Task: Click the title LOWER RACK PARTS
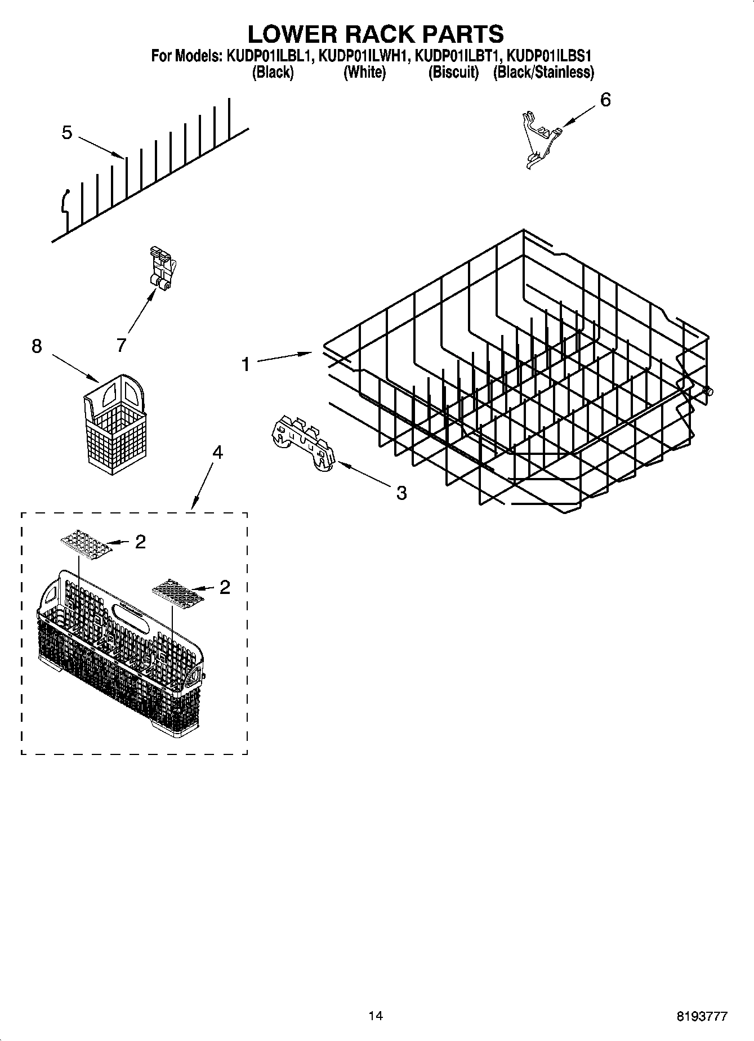pos(376,34)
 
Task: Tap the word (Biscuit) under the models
pos(453,72)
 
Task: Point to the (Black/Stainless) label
pos(543,72)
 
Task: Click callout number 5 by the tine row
pos(67,133)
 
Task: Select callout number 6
pos(605,100)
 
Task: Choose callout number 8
pos(37,346)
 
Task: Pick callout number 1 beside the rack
pos(245,365)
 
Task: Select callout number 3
pos(401,493)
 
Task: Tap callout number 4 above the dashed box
pos(217,452)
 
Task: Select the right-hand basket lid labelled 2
pos(177,591)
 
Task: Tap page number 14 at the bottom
pos(376,1016)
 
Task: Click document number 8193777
pos(702,1016)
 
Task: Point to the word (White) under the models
pos(364,72)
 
